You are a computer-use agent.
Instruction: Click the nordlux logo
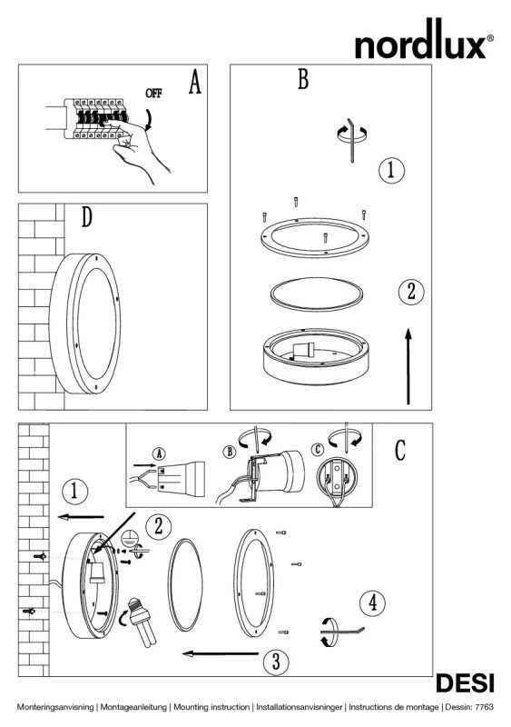coord(424,39)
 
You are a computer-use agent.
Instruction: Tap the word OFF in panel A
coord(153,94)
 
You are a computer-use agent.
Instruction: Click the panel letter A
coord(195,82)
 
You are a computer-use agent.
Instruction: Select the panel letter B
coord(303,79)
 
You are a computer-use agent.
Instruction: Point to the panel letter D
coord(86,216)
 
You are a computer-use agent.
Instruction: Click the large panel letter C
coord(400,450)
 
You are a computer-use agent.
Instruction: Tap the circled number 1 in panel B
coord(391,170)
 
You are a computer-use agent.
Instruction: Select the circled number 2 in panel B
coord(411,292)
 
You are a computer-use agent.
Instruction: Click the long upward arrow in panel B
coord(408,366)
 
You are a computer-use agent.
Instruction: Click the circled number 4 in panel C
coord(372,603)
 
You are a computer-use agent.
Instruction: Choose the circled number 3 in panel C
coord(276,662)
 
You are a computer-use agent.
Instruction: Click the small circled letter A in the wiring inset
coord(160,453)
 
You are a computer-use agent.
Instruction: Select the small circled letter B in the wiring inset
coord(230,452)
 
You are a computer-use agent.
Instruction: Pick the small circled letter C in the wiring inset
coord(318,450)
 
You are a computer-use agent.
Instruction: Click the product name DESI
coord(465,684)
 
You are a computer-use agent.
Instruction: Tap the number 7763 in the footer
coord(485,707)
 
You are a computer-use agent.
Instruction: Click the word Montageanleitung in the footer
coord(133,708)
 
